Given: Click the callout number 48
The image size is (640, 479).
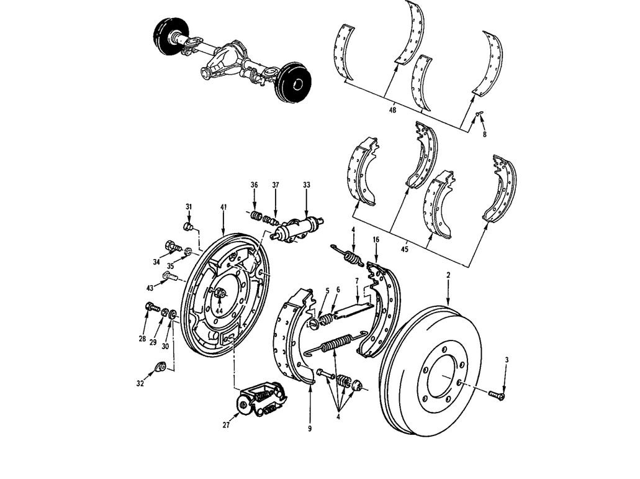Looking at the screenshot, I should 392,110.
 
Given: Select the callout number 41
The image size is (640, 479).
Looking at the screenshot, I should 223,206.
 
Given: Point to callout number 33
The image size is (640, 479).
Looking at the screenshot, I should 307,185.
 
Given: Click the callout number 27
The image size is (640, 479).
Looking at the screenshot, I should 226,425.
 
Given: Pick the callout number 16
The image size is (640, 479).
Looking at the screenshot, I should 376,239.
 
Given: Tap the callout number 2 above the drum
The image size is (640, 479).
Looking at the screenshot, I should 448,274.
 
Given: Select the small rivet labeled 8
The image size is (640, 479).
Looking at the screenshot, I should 479,115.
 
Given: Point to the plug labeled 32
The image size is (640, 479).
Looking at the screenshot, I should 159,367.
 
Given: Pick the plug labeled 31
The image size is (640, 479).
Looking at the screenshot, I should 191,226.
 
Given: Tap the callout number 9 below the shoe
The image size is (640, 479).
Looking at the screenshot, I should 309,428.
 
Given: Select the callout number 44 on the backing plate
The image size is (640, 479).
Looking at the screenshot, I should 219,311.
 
